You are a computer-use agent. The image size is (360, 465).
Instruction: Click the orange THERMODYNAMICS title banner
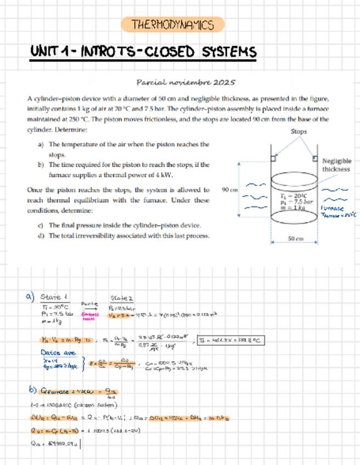pos(172,25)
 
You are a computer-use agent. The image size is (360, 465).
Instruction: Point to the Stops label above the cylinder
pos(299,132)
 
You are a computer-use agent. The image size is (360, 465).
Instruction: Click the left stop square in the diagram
pos(273,159)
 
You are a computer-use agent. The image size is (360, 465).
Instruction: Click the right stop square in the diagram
pos(315,158)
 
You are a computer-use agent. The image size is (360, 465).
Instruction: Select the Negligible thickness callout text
pos(336,165)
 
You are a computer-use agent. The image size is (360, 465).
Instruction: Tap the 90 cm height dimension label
pos(229,190)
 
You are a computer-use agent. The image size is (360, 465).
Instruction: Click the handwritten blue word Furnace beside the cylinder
pos(333,209)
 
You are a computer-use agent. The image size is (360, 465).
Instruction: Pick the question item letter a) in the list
pos(41,145)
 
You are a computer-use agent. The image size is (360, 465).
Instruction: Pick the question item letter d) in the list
pos(41,236)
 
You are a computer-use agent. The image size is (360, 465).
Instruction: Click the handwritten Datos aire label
pos(57,353)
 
